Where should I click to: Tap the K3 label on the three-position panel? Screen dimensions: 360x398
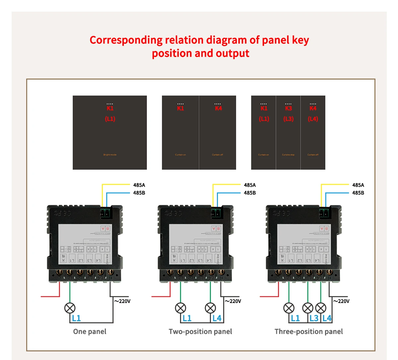pyautogui.click(x=289, y=108)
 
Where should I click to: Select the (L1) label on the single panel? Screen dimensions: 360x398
pyautogui.click(x=110, y=119)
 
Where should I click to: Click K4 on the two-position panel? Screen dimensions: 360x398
pyautogui.click(x=218, y=108)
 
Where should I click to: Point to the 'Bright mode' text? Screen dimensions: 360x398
pyautogui.click(x=110, y=155)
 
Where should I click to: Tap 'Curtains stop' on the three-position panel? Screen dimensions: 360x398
pyautogui.click(x=288, y=155)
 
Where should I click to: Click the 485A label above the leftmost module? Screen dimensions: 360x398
pyautogui.click(x=139, y=185)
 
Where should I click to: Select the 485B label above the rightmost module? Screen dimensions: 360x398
pyautogui.click(x=358, y=193)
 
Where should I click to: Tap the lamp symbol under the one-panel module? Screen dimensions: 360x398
pyautogui.click(x=70, y=308)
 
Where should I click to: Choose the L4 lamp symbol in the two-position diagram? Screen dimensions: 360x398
pyautogui.click(x=210, y=308)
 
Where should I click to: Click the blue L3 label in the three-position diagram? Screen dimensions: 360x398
pyautogui.click(x=314, y=318)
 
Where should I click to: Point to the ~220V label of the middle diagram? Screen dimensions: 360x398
pyautogui.click(x=233, y=301)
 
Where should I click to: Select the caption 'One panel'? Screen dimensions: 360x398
pyautogui.click(x=90, y=331)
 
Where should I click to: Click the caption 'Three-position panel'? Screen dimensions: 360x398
pyautogui.click(x=308, y=331)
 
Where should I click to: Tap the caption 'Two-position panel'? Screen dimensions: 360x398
pyautogui.click(x=200, y=331)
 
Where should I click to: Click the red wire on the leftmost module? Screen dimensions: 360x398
pyautogui.click(x=50, y=296)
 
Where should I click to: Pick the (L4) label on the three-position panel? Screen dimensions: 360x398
pyautogui.click(x=313, y=119)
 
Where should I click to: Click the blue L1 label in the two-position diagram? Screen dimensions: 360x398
pyautogui.click(x=187, y=318)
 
